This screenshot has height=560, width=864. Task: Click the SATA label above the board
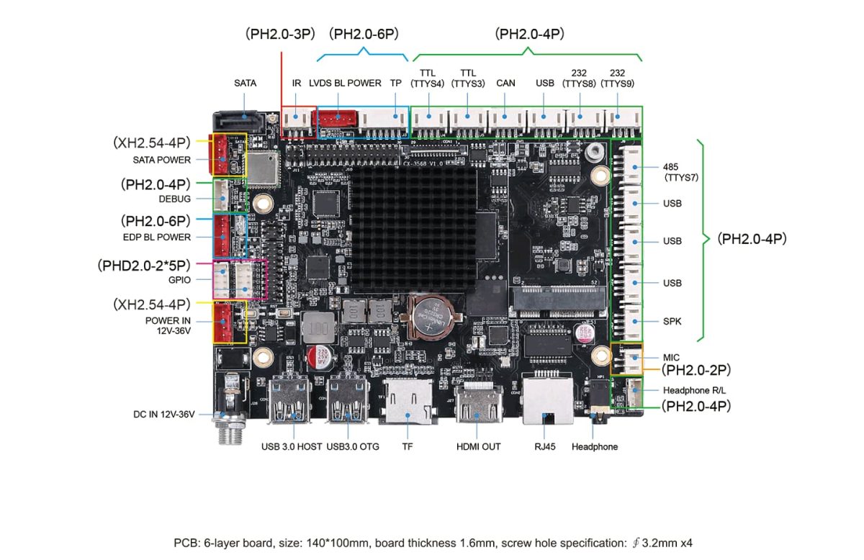[245, 83]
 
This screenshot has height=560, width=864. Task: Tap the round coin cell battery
[431, 317]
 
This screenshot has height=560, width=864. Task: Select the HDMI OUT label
[478, 446]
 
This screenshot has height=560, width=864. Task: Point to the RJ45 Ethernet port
[546, 400]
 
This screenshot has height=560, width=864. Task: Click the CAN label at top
[505, 83]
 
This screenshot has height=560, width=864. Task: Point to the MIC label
[671, 357]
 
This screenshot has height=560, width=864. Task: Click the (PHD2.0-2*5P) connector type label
[144, 265]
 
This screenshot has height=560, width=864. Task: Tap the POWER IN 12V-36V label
[168, 325]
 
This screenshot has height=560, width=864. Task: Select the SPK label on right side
[672, 321]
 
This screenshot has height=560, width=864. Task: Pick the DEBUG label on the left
[175, 199]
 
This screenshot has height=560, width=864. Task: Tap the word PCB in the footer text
[184, 542]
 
